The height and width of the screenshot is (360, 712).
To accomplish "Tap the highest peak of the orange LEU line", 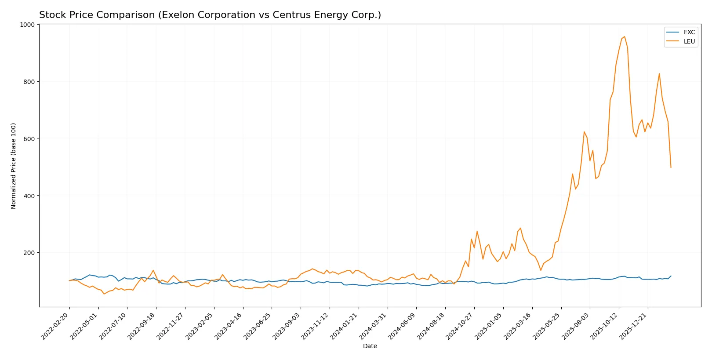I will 625,37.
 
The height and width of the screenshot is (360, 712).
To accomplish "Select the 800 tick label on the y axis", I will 29,82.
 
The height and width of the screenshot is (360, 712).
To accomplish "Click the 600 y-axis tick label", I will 29,138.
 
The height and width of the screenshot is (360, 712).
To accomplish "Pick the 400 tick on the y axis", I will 29,196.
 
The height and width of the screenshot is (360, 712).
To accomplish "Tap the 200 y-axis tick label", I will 29,253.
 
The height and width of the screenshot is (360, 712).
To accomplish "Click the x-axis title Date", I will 370,346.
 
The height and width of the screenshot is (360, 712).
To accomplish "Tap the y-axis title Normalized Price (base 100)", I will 14,166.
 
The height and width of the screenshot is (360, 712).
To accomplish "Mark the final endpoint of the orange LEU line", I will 671,167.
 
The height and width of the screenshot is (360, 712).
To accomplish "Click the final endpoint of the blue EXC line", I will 671,276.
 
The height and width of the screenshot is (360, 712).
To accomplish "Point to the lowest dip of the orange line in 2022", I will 104,294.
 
